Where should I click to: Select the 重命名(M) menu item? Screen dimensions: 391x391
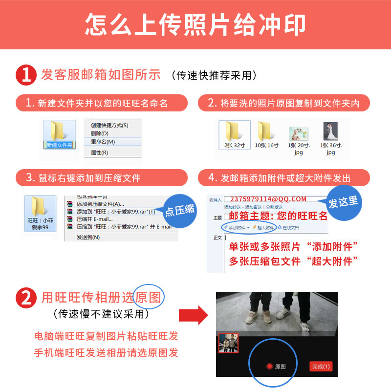(103, 142)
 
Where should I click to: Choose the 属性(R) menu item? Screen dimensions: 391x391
(100, 152)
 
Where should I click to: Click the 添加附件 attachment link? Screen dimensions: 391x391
(237, 228)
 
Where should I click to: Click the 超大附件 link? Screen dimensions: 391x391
(264, 228)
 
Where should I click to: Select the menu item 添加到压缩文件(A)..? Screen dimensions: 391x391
(100, 204)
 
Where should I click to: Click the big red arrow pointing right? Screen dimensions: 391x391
(193, 315)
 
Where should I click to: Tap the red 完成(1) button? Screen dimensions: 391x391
(321, 366)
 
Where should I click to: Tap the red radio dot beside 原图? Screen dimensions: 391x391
(269, 367)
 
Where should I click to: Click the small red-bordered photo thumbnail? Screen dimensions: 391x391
(228, 343)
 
